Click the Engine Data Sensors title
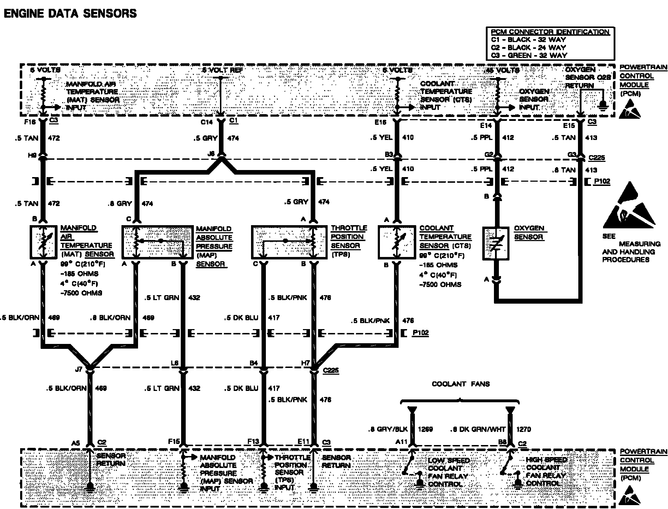(70, 13)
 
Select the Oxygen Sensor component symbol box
(496, 244)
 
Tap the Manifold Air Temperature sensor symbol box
(43, 242)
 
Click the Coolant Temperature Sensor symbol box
(396, 242)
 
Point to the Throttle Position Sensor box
(288, 242)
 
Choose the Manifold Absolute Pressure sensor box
(157, 242)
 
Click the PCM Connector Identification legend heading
(550, 32)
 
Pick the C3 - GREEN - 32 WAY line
(529, 55)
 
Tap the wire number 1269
(425, 429)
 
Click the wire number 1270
(523, 429)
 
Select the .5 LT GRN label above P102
(162, 298)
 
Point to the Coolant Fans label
(461, 384)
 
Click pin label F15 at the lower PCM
(174, 441)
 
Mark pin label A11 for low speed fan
(401, 441)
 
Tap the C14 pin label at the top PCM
(207, 122)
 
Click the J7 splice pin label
(79, 369)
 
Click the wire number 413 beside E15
(591, 138)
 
